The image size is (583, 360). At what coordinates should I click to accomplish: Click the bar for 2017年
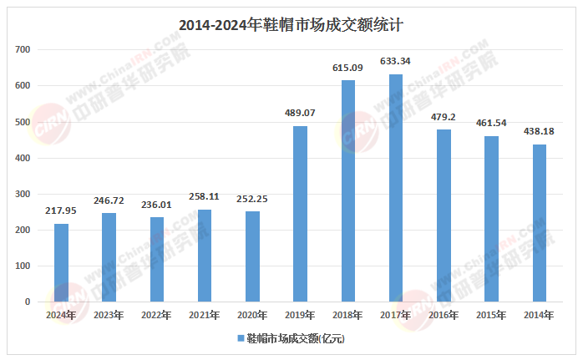(x=396, y=188)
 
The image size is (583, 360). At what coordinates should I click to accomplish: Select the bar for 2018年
(x=348, y=191)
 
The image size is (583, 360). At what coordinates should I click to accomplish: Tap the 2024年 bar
(x=61, y=262)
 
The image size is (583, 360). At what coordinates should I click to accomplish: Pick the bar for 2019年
(x=300, y=214)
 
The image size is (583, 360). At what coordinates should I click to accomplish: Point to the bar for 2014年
(x=540, y=223)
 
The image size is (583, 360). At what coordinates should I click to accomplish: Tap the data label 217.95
(x=61, y=210)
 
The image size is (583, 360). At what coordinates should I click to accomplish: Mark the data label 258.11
(x=205, y=195)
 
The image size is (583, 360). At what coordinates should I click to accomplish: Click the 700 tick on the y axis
(x=23, y=50)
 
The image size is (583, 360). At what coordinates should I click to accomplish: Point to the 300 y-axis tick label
(x=23, y=194)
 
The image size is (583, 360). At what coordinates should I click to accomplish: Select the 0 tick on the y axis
(x=28, y=302)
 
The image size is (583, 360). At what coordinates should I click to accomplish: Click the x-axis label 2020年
(x=252, y=315)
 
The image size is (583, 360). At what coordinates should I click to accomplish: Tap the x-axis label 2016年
(x=444, y=315)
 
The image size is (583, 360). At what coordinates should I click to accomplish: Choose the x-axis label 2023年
(x=109, y=315)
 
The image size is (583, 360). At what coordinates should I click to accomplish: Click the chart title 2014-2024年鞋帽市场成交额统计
(x=291, y=25)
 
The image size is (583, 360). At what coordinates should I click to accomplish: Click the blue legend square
(x=240, y=338)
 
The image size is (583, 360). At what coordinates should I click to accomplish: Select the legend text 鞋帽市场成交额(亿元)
(x=295, y=338)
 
